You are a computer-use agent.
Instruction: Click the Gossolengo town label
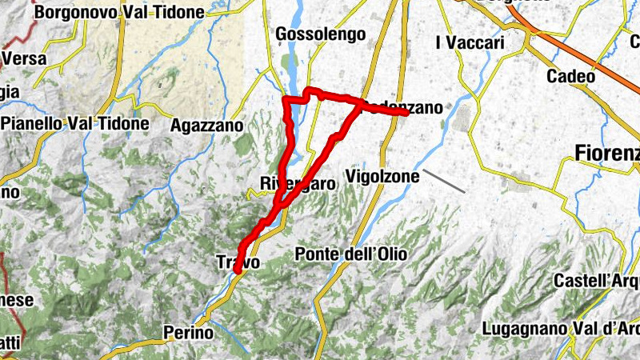320,34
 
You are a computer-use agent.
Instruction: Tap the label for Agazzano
207,126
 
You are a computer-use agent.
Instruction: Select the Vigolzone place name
382,175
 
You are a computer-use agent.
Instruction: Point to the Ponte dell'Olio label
351,254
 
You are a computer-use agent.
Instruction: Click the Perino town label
188,332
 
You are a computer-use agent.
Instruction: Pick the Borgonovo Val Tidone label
115,13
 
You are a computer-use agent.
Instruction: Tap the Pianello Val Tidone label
76,124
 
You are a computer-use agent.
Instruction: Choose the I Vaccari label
470,42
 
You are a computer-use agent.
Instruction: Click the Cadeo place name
571,77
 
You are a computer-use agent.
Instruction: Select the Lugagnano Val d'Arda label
561,329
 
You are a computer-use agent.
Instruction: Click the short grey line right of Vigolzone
444,181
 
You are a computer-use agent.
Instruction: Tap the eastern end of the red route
407,113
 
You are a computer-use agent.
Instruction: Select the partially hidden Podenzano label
404,106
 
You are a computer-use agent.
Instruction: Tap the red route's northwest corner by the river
288,100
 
